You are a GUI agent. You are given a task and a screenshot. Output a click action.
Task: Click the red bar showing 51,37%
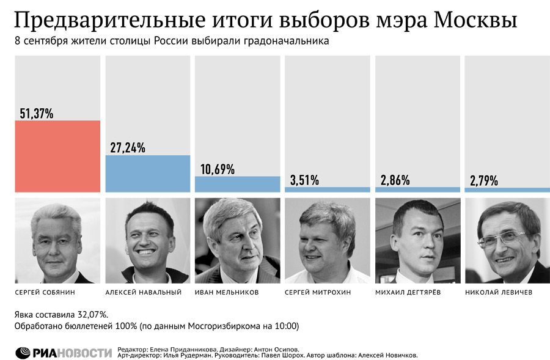(57, 156)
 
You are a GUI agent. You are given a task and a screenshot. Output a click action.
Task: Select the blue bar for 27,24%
(148, 174)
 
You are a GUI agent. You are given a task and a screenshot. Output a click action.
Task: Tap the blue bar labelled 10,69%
(238, 184)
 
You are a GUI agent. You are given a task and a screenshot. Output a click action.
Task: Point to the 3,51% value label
(304, 180)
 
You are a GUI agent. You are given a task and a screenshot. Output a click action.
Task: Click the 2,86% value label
(395, 180)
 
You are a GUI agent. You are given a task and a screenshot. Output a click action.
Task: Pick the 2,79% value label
(484, 181)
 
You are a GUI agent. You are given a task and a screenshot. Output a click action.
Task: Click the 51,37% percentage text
(37, 113)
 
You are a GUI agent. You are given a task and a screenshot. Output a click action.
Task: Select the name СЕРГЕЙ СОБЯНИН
(45, 292)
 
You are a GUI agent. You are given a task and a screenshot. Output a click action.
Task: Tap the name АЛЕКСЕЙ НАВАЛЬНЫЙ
(144, 292)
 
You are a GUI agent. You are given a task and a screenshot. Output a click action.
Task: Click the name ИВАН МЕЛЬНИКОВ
(227, 292)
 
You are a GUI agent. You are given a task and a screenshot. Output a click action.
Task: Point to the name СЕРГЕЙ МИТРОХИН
(318, 292)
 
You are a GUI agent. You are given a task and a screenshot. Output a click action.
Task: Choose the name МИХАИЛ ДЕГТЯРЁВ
(408, 292)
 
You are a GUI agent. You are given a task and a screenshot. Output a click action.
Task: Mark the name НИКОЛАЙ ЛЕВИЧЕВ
(499, 292)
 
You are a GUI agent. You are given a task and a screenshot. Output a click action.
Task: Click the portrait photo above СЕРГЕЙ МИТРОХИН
(328, 241)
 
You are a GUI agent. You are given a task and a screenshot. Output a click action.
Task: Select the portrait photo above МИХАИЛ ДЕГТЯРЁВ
(418, 241)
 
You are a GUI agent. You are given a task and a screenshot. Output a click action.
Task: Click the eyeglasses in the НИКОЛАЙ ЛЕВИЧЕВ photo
(504, 240)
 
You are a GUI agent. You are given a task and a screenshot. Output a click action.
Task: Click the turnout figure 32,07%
(94, 314)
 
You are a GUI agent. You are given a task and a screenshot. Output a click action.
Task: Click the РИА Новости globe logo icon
(23, 353)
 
